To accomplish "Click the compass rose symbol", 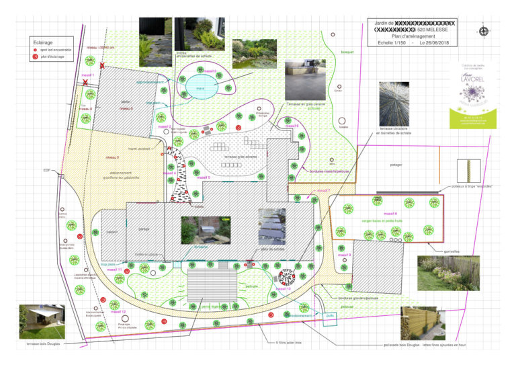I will (484, 31).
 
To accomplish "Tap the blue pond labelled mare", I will (200, 88).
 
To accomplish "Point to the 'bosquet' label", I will (347, 51).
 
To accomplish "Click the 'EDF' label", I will (47, 171).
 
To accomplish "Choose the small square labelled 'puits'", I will (330, 315).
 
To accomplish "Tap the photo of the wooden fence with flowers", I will (448, 272).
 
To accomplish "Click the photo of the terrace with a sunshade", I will (42, 321).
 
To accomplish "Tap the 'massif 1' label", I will (88, 75).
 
